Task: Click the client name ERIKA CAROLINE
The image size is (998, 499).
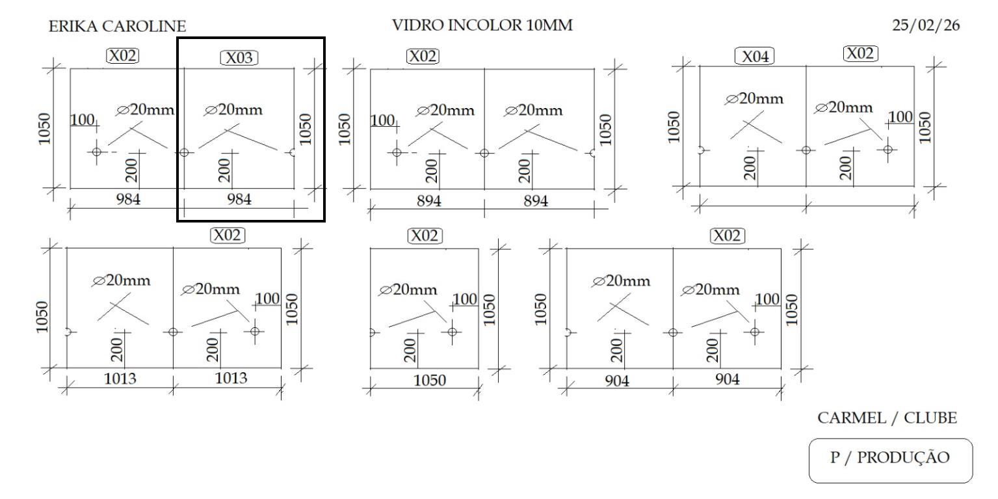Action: [x=117, y=27]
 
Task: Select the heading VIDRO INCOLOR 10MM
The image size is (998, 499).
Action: [x=482, y=26]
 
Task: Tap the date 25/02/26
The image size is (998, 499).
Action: [x=926, y=27]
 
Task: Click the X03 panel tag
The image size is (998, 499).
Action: [x=239, y=58]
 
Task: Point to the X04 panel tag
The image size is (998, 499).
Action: [x=755, y=57]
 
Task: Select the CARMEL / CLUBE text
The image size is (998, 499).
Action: [x=887, y=418]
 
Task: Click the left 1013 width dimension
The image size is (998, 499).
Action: [x=121, y=379]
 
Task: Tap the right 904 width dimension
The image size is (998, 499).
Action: [x=728, y=380]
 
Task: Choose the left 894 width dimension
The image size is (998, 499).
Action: [x=429, y=201]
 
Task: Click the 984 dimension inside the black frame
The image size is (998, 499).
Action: [x=239, y=199]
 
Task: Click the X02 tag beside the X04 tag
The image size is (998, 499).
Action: [x=860, y=53]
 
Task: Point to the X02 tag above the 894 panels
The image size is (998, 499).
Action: [x=423, y=57]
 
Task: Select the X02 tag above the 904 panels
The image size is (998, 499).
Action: [x=728, y=236]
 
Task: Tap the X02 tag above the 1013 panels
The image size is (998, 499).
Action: [x=227, y=235]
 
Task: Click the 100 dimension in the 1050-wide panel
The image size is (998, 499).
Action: [x=465, y=299]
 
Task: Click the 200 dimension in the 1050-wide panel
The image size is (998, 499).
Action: [x=410, y=352]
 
